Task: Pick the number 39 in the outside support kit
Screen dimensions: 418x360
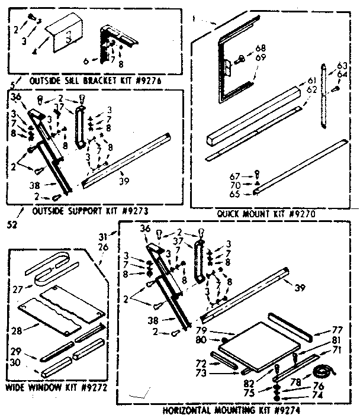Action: click(124, 180)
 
